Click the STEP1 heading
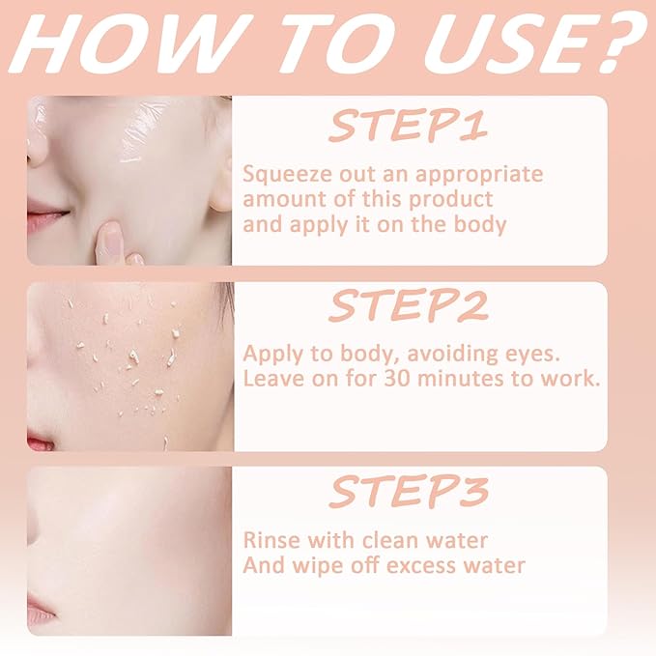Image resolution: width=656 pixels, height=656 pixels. pyautogui.click(x=409, y=126)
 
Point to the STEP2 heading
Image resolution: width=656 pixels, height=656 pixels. pyautogui.click(x=409, y=305)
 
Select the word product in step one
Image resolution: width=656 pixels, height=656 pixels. pyautogui.click(x=450, y=200)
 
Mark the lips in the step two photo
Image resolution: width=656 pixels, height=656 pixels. pyautogui.click(x=39, y=442)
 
